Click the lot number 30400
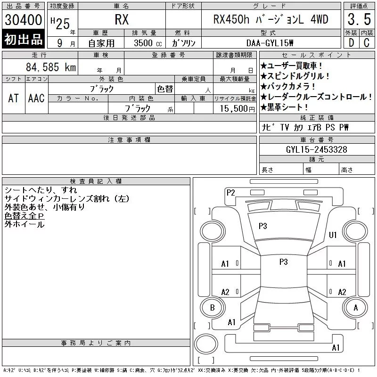(23, 20)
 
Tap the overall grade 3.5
(359, 19)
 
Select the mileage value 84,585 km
(51, 67)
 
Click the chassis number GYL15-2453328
(316, 149)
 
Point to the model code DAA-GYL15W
(270, 43)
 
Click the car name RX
(122, 19)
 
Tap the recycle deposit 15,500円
(237, 108)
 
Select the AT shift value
(14, 98)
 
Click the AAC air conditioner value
(36, 98)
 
